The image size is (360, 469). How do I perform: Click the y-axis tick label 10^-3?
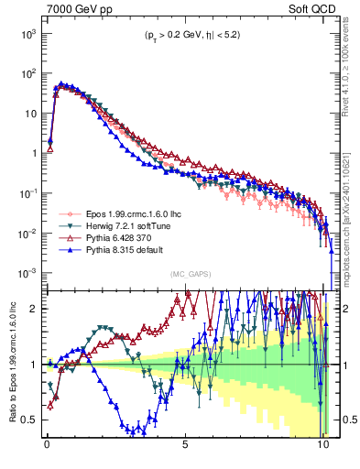click(x=27, y=274)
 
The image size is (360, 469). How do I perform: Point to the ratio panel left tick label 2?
click(x=35, y=309)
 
